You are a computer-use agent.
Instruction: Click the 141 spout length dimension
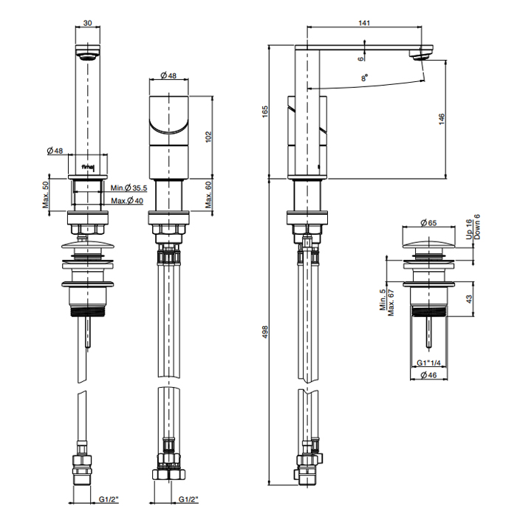coord(364,23)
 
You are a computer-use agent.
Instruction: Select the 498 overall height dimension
coord(265,332)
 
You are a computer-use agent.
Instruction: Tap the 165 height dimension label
coord(265,112)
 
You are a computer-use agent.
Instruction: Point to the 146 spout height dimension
coord(442,119)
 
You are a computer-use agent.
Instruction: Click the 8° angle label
coord(364,78)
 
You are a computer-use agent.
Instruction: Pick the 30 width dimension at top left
coord(87,23)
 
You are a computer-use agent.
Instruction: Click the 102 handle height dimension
coord(208,137)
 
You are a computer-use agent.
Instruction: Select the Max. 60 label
coord(208,195)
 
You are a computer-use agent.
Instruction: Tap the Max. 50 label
coord(46,194)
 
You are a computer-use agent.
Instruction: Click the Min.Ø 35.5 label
coord(129,188)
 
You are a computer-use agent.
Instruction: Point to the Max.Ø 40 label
coord(127,200)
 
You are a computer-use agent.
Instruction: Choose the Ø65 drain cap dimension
coord(428,223)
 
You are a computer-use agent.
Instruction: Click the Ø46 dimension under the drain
coord(428,375)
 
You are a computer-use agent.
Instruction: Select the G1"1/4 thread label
coord(428,363)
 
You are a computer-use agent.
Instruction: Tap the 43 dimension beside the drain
coord(469,299)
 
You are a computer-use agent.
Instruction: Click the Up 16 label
coord(469,229)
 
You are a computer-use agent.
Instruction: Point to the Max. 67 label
coord(391,302)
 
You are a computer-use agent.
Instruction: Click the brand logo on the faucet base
coord(88,168)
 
